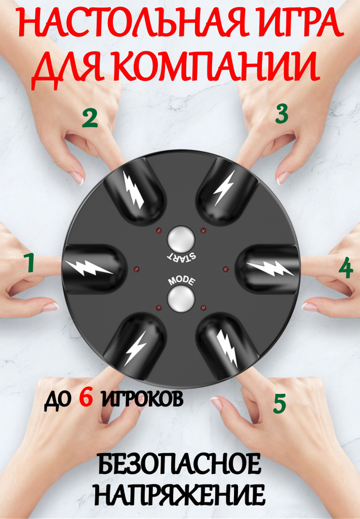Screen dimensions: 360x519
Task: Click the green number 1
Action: coord(30,263)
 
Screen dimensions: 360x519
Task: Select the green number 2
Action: coord(90,119)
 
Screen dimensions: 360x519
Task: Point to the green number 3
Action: coord(282,114)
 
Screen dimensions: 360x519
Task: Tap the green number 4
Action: coord(346,268)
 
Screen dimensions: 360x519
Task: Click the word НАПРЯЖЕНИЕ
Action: coord(182,495)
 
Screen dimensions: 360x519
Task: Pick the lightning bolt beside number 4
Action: coord(270,267)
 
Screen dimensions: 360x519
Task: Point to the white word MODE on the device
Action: coord(182,281)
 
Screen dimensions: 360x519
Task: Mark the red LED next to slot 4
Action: coord(226,268)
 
